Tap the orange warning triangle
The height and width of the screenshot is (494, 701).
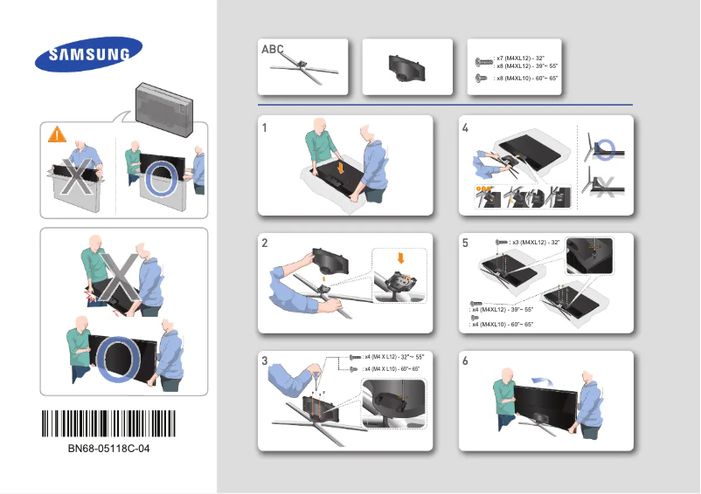click(x=57, y=134)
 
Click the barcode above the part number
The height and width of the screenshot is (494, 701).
click(x=108, y=425)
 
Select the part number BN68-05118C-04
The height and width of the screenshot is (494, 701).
click(x=108, y=450)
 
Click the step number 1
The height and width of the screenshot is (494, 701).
click(x=265, y=127)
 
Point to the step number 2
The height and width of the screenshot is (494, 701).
click(x=265, y=245)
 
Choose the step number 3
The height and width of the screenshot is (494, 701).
click(x=265, y=361)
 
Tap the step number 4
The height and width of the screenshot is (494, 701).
click(x=465, y=127)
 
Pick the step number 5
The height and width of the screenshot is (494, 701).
click(x=465, y=245)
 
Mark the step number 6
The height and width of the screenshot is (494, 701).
click(x=465, y=361)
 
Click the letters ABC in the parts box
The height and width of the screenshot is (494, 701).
click(x=273, y=50)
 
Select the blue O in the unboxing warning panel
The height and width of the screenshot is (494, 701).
click(x=163, y=180)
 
